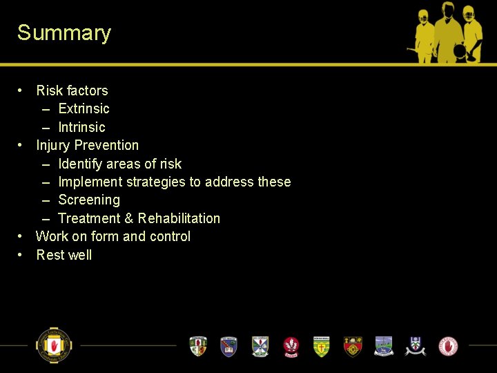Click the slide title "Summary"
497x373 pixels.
click(x=64, y=33)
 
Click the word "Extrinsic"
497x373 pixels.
click(x=84, y=108)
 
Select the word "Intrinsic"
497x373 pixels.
click(x=81, y=127)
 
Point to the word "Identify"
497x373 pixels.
click(x=80, y=164)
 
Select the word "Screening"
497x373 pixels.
click(x=89, y=200)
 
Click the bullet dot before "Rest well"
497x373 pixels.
click(x=21, y=255)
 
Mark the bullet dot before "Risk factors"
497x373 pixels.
click(x=21, y=90)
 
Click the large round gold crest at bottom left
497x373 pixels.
click(x=54, y=345)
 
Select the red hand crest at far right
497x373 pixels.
click(x=449, y=345)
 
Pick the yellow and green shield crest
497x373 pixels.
click(x=321, y=345)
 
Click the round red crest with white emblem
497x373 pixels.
click(x=291, y=345)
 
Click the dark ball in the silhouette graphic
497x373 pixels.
click(x=460, y=50)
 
